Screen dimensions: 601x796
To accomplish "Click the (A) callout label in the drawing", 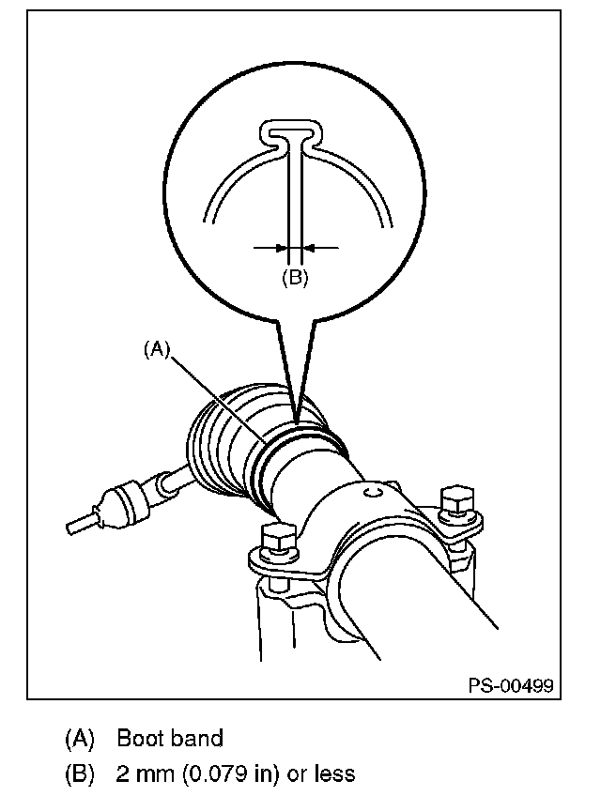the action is click(x=157, y=348).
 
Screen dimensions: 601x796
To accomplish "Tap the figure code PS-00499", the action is click(x=510, y=686).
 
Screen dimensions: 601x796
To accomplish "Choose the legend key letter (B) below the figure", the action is click(x=80, y=774).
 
